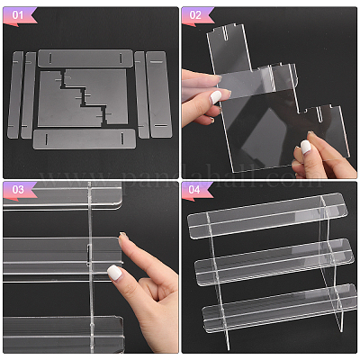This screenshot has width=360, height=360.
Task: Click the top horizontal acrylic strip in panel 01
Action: click(85, 58)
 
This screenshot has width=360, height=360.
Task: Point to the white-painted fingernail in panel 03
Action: click(114, 272)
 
